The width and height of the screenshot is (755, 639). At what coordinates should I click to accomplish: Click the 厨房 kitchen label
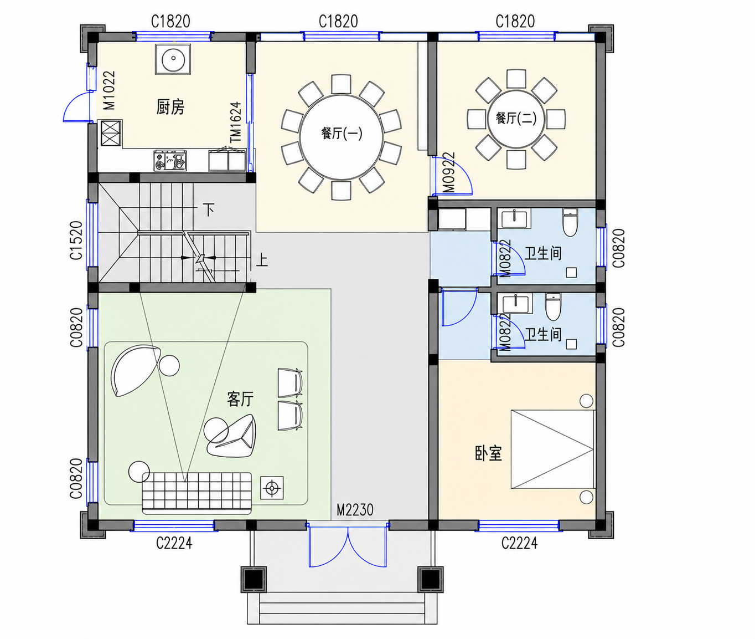click(x=170, y=107)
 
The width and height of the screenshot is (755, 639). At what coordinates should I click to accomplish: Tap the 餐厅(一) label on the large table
click(x=342, y=133)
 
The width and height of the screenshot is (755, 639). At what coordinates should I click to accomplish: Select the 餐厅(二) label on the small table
click(x=516, y=118)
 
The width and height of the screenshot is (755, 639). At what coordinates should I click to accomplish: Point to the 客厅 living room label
click(x=240, y=398)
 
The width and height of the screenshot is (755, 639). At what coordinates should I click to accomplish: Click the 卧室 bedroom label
click(x=488, y=453)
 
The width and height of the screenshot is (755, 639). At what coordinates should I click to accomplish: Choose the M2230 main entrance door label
click(x=355, y=509)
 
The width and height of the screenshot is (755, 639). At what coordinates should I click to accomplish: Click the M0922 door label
click(x=449, y=172)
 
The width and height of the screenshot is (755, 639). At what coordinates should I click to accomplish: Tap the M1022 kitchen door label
click(x=109, y=90)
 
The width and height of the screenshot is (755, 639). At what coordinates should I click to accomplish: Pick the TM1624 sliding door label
click(x=236, y=122)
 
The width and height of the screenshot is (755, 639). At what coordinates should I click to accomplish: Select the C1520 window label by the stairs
click(x=76, y=241)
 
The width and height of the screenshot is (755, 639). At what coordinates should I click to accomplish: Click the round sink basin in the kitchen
click(x=173, y=59)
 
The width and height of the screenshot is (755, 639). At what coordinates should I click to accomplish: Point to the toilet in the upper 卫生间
click(x=570, y=222)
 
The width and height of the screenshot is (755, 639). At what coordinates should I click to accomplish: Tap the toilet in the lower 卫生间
click(x=553, y=307)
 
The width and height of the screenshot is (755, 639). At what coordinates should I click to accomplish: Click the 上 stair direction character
click(x=261, y=260)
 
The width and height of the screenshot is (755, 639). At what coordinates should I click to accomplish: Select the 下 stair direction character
click(x=208, y=210)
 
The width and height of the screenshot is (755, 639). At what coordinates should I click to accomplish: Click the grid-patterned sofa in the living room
click(x=196, y=492)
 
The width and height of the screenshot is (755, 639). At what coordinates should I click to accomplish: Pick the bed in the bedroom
click(x=553, y=449)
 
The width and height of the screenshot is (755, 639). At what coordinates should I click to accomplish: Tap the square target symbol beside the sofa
click(x=272, y=488)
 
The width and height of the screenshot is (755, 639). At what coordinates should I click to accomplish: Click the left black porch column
click(x=254, y=579)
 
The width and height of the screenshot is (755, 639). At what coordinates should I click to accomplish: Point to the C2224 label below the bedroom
click(x=519, y=543)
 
